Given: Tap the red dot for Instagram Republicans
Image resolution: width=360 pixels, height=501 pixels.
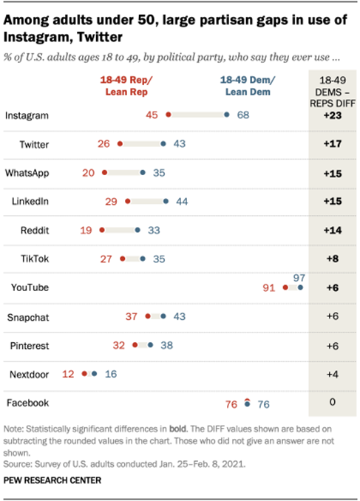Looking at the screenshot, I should (x=169, y=115).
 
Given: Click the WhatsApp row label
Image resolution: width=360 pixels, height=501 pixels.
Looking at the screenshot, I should (x=27, y=172).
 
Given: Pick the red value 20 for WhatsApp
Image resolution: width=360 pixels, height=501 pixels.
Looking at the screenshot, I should (x=89, y=172).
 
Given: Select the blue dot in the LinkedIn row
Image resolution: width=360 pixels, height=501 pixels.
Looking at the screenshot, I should (x=166, y=201).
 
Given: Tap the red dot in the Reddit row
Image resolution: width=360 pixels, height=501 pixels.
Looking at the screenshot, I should (x=102, y=230).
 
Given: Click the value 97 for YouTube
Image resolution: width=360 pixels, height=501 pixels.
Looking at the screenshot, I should (x=299, y=277).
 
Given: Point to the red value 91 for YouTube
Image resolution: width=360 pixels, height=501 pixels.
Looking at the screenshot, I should (x=271, y=288).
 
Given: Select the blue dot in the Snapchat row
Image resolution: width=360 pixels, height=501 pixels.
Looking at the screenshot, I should (x=163, y=316).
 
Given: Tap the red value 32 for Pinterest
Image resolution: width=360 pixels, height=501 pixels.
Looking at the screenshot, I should (x=119, y=345).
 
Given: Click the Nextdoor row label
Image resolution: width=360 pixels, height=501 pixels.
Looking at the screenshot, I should (x=28, y=375).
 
